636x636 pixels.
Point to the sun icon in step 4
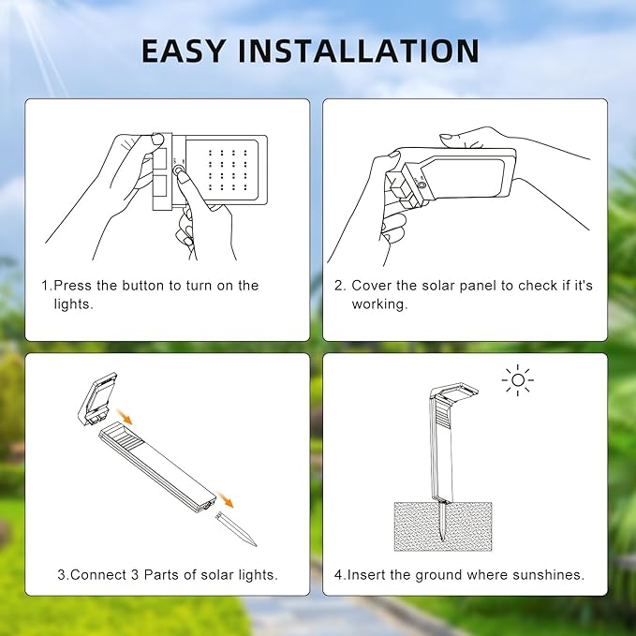click(517, 380)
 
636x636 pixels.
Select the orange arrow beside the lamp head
click(124, 413)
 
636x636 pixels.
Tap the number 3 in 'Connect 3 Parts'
click(130, 574)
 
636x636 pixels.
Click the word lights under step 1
click(73, 305)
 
